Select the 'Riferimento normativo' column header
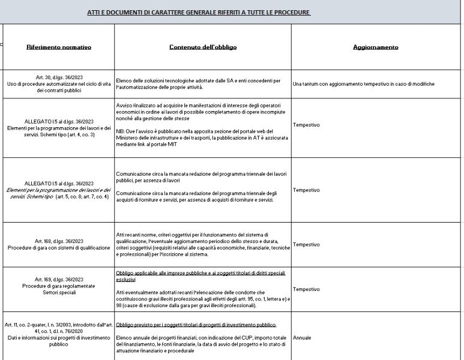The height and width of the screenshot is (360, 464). [58, 47]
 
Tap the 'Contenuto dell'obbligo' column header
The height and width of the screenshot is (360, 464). [202, 47]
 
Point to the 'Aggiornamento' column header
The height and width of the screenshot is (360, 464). [375, 47]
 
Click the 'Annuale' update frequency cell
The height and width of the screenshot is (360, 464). [302, 338]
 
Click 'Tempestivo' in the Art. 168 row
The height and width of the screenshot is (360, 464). [306, 244]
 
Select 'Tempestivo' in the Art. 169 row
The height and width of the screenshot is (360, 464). [306, 289]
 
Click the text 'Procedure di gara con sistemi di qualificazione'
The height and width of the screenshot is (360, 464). [58, 247]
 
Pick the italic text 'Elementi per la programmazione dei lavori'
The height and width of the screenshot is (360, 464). [58, 190]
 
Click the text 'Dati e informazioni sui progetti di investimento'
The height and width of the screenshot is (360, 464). [58, 338]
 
